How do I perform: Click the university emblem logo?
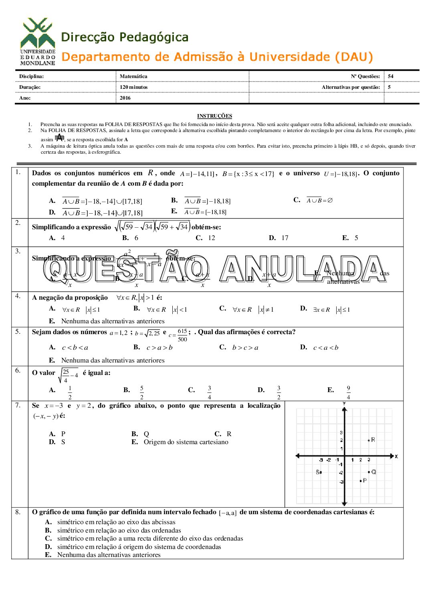click(x=38, y=41)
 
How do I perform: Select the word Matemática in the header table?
click(x=133, y=76)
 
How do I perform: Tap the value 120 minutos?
click(x=133, y=87)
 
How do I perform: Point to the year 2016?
click(x=125, y=98)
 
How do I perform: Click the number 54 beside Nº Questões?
click(x=391, y=76)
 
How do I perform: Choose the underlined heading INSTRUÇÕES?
click(x=214, y=116)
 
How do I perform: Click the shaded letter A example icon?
click(x=59, y=138)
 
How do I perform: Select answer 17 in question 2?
click(x=285, y=238)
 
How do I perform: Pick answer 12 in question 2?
click(x=212, y=238)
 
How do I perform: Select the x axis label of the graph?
click(x=396, y=456)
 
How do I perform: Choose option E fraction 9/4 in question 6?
click(x=348, y=393)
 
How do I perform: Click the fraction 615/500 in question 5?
click(x=182, y=335)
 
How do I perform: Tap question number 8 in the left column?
click(x=18, y=512)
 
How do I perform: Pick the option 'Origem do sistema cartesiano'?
click(x=186, y=442)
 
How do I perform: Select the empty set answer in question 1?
click(x=320, y=200)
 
